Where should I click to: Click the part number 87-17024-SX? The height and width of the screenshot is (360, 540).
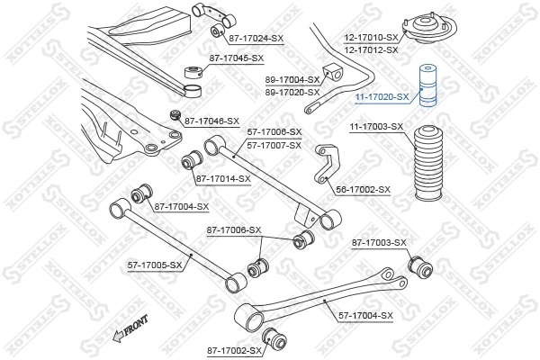pos(256,38)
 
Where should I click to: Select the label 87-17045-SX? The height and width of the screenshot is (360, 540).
pos(237,58)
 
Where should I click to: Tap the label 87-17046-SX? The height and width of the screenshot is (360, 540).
pos(211,120)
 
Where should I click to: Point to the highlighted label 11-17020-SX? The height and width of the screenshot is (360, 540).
pos(381,96)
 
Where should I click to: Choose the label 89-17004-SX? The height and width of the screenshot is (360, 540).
pos(293,80)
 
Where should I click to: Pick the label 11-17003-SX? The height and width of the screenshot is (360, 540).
pos(376,127)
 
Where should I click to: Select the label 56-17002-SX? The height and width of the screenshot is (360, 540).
pos(364,190)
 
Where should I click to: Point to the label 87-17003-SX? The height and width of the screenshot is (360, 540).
pos(379,243)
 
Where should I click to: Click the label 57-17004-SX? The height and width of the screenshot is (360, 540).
pos(366,315)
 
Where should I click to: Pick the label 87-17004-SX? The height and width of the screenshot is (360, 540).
pos(182,207)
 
